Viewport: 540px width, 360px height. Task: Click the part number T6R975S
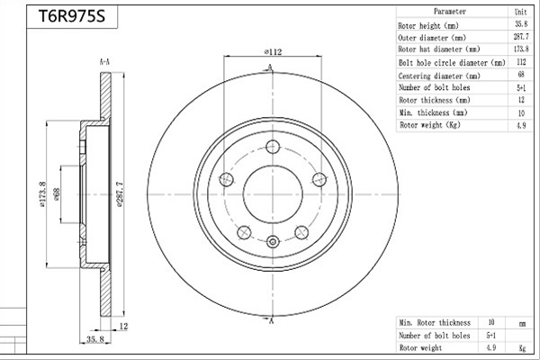(72, 16)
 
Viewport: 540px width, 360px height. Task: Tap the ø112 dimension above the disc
(273, 52)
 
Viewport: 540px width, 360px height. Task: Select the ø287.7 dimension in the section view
(120, 194)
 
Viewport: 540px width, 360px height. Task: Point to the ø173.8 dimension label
(42, 194)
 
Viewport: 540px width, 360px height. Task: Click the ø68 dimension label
(57, 194)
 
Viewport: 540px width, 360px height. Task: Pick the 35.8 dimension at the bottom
(95, 339)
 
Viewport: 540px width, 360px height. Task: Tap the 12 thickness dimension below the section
(123, 326)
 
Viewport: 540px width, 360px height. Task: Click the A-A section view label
(104, 62)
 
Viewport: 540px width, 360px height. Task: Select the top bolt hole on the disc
(273, 147)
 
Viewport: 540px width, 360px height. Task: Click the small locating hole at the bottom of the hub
(273, 241)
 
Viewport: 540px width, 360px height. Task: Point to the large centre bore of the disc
(273, 194)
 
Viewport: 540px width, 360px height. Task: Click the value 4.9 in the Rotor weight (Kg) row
(521, 125)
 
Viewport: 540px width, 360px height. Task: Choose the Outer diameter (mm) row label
(432, 38)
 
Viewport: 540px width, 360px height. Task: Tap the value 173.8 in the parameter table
(521, 49)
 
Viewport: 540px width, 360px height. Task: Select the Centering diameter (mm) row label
(439, 76)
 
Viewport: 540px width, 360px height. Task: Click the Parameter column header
(450, 12)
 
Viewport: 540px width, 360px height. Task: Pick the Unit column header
(521, 12)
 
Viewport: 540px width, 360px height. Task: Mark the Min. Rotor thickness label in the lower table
(435, 323)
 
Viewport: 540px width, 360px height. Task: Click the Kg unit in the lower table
(522, 348)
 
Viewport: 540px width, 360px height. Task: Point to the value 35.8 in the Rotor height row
(521, 24)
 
